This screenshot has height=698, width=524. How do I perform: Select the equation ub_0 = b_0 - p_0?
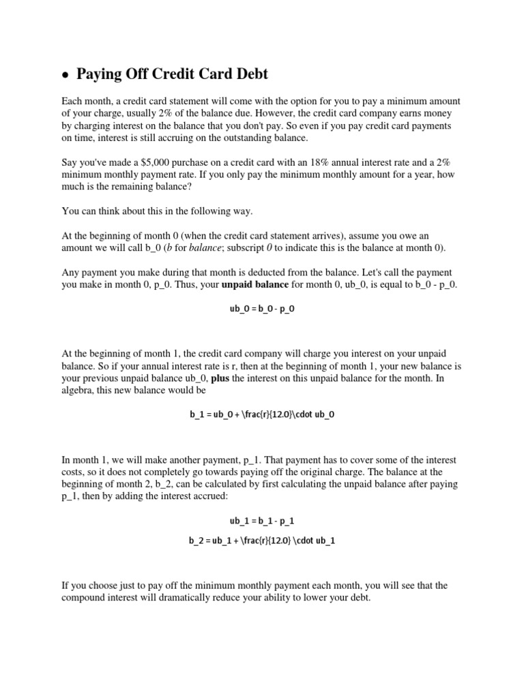(262, 308)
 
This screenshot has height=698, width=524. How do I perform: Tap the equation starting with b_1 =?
(262, 414)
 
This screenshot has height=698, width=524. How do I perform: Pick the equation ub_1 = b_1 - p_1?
(262, 521)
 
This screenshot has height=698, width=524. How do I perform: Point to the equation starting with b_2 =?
(262, 541)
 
